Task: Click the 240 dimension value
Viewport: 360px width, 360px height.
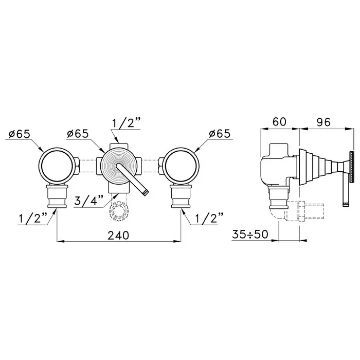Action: tap(118, 235)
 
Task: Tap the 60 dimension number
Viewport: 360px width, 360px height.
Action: tap(279, 122)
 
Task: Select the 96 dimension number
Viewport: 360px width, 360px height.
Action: tap(323, 122)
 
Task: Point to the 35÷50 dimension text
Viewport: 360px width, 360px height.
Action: tap(250, 235)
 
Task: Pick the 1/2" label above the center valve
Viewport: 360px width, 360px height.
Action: tap(126, 123)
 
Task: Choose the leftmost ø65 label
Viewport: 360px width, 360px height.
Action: tap(20, 134)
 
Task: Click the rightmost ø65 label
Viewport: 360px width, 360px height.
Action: tap(220, 134)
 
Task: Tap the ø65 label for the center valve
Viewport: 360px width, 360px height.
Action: tap(78, 134)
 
